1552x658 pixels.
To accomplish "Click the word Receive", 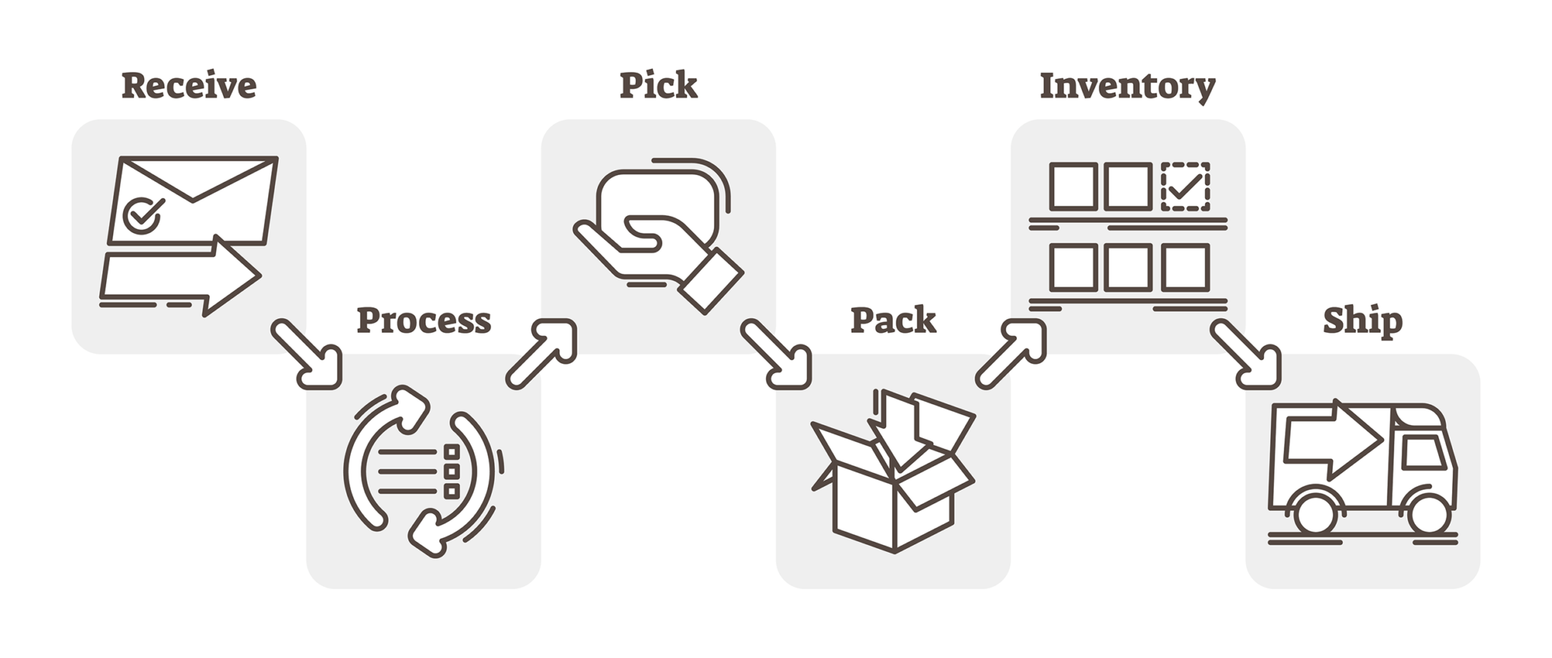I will [189, 85].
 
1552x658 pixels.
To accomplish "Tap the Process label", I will [424, 320].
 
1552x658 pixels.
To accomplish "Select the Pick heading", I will [658, 85].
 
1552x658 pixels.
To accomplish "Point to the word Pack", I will [893, 320].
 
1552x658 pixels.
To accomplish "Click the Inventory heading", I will [1127, 86].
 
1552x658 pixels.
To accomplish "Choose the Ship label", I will [1362, 320].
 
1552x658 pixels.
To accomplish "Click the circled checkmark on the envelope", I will [142, 215].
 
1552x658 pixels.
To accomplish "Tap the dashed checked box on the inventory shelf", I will [1185, 186].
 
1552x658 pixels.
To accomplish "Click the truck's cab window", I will [1422, 453].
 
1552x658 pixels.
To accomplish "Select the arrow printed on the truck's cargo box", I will [1334, 440].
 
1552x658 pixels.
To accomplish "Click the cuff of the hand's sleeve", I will [711, 280].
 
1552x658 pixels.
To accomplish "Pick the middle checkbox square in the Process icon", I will [452, 472].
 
